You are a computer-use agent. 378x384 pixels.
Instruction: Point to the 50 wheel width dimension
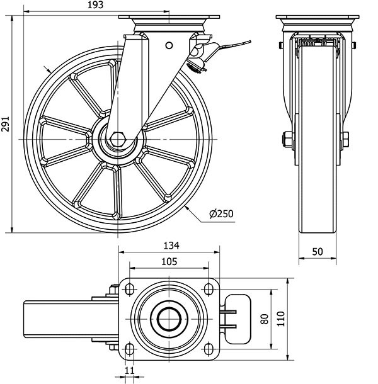317,251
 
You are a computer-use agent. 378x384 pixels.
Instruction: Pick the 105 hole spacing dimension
168,261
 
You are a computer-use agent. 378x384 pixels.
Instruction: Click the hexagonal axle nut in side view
118,139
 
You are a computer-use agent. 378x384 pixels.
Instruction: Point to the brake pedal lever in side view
230,45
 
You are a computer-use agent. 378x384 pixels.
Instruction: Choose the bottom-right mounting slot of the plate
207,349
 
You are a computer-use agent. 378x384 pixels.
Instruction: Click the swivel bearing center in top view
168,318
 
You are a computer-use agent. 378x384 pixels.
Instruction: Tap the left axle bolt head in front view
287,139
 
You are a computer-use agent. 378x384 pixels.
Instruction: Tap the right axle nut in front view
346,139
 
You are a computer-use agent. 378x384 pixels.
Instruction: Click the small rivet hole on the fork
169,45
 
